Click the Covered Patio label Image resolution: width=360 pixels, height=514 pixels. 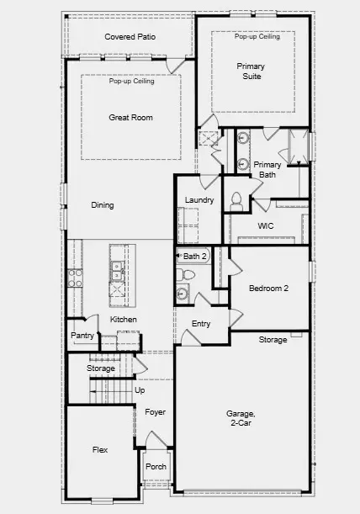(x=130, y=37)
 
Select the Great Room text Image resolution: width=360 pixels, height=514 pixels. (x=130, y=118)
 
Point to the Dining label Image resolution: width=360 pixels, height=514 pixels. (x=103, y=204)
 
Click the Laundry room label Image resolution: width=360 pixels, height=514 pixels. (x=199, y=200)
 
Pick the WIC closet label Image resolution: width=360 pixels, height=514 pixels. (x=266, y=226)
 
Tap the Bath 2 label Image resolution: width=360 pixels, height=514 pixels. (x=195, y=256)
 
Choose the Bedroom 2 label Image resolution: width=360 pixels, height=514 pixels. (x=268, y=288)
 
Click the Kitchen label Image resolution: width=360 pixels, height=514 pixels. (x=124, y=320)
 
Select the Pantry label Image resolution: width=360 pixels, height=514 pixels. (x=82, y=335)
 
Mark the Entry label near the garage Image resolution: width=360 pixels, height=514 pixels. (x=201, y=324)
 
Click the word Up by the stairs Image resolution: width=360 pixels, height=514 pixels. (x=140, y=390)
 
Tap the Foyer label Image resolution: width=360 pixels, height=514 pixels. (x=155, y=412)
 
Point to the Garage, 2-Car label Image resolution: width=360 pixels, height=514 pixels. (x=244, y=419)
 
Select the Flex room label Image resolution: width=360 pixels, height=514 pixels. (x=99, y=450)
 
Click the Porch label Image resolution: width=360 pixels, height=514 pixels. (x=156, y=466)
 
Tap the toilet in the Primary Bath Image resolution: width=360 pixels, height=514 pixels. (x=236, y=199)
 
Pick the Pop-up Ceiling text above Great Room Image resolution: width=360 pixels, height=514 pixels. (x=130, y=82)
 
